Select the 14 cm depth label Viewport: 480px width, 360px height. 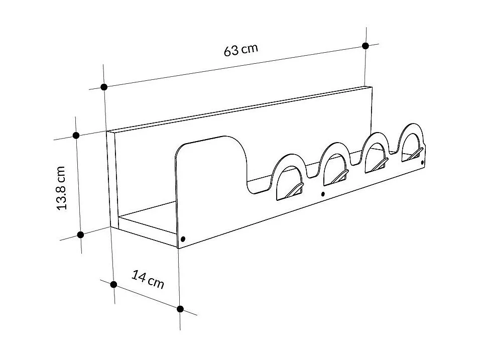point(148,279)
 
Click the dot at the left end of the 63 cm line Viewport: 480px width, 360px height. point(104,87)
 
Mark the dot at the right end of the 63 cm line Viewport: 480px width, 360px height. point(366,46)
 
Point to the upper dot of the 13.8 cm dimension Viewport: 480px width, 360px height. point(76,135)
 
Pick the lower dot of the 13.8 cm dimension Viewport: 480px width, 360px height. point(80,234)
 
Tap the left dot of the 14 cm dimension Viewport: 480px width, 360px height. point(113,284)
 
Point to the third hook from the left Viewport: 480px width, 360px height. point(379,163)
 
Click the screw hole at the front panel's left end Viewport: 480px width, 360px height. point(183,238)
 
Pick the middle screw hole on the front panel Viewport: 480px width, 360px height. point(323,194)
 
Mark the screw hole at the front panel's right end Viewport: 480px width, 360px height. point(422,162)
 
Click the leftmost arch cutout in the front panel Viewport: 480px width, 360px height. point(288,173)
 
